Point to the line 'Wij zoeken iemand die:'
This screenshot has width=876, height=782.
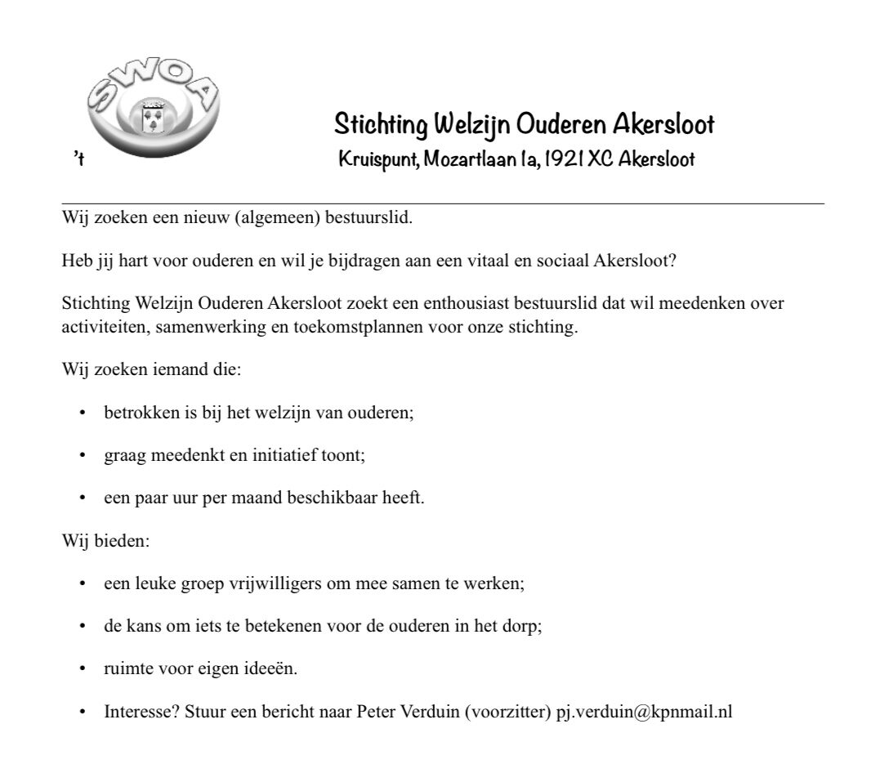point(151,369)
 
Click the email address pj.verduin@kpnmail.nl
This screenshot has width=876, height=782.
point(644,712)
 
